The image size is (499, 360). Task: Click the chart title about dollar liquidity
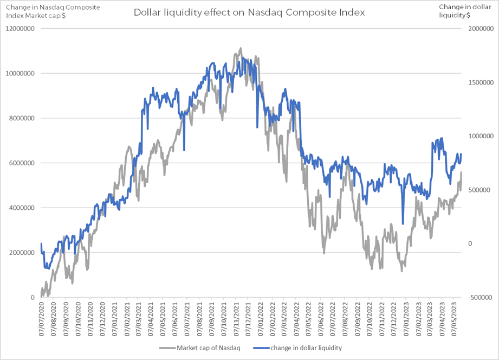point(249,12)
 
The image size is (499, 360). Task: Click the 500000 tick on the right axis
point(478,190)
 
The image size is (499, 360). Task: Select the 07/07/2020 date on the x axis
point(42,320)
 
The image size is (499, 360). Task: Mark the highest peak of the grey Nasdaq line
point(241,49)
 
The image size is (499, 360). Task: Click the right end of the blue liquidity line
point(461,155)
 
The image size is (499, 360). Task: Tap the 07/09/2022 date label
point(360,320)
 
